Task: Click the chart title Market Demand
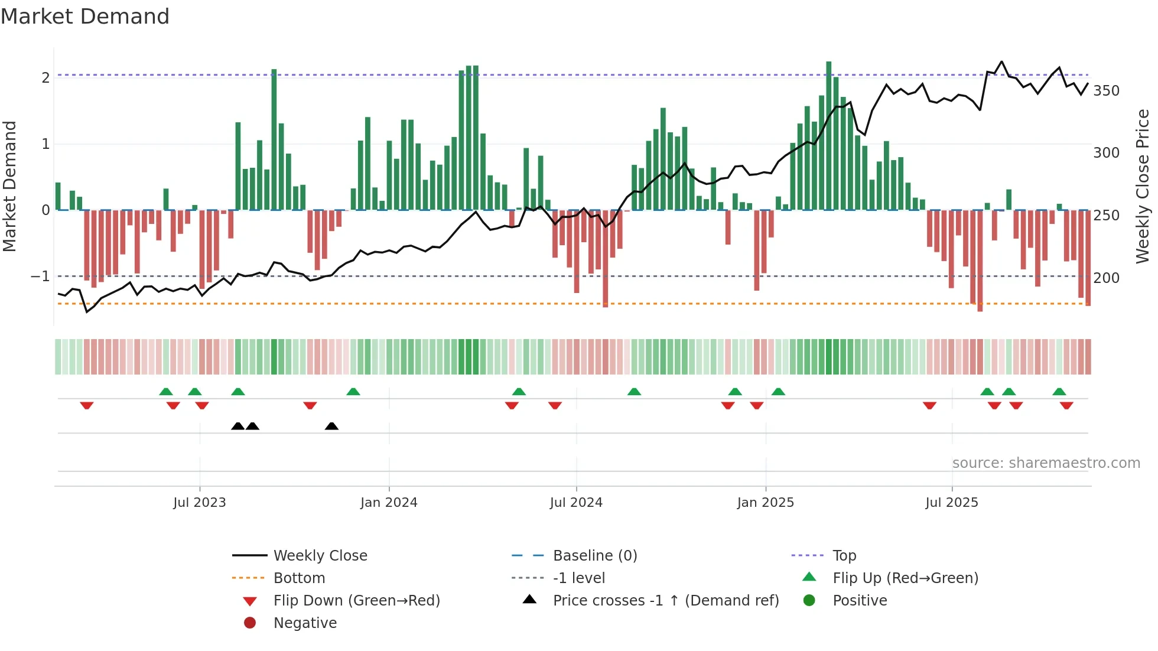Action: pos(85,17)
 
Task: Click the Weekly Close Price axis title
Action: pos(1143,186)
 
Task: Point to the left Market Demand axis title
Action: pos(9,186)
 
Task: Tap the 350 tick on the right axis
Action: pos(1106,91)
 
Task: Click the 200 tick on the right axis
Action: pos(1106,278)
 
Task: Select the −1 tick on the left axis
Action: pos(40,276)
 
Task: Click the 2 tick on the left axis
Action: pos(45,77)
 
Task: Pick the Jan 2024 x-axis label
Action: pos(389,503)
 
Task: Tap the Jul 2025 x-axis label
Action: pos(952,503)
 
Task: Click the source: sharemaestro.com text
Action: pos(1046,463)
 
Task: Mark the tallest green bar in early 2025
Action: pos(829,136)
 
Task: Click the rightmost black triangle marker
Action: pos(331,426)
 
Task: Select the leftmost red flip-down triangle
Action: pos(87,405)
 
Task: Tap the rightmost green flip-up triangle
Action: pos(1059,392)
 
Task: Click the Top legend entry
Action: pos(844,555)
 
